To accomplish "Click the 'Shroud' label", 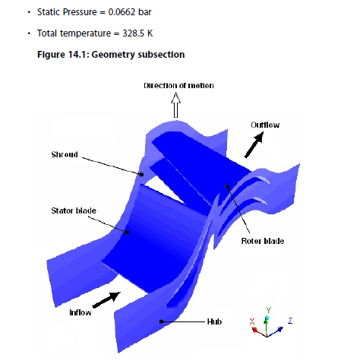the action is (x=65, y=154).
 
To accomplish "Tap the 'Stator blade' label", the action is (x=74, y=211).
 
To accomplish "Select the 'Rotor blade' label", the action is (x=263, y=241).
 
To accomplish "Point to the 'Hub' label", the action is (x=214, y=321).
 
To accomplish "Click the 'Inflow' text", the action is (x=81, y=312).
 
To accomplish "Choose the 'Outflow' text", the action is (x=265, y=125).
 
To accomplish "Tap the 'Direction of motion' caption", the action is (x=178, y=86).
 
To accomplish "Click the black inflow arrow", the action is (x=106, y=300).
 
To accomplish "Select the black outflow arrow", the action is (x=254, y=145).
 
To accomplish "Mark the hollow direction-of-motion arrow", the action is (x=175, y=105).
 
